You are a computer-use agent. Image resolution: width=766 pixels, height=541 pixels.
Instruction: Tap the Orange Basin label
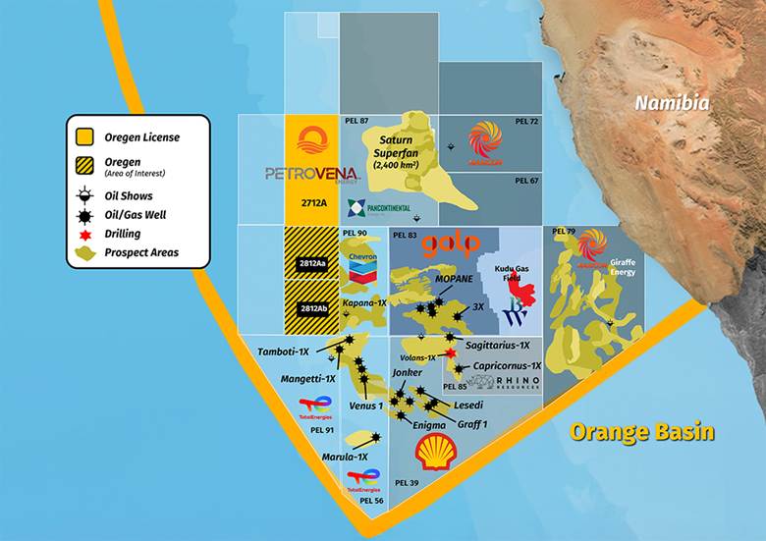pos(641,432)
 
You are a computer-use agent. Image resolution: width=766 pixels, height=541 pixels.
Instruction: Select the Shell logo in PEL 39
pos(435,453)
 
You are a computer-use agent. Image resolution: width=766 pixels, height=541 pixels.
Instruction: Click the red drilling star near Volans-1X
pos(451,353)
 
